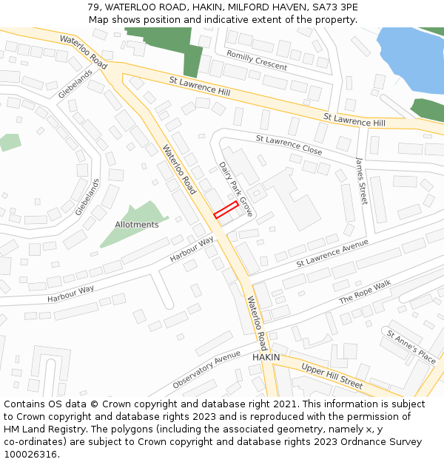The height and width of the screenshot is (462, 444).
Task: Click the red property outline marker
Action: pyautogui.click(x=226, y=209)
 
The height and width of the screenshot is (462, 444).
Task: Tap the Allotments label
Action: pyautogui.click(x=136, y=225)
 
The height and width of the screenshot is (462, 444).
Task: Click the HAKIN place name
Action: pyautogui.click(x=266, y=357)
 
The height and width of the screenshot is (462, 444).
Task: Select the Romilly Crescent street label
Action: pyautogui.click(x=257, y=61)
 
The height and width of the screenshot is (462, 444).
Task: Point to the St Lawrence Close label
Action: pyautogui.click(x=289, y=144)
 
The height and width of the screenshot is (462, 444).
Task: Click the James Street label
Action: pyautogui.click(x=360, y=180)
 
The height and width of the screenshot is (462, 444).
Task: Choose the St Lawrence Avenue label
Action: pyautogui.click(x=332, y=254)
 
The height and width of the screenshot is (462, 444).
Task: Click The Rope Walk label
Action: pyautogui.click(x=364, y=293)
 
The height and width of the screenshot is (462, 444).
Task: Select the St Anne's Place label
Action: pyautogui.click(x=411, y=346)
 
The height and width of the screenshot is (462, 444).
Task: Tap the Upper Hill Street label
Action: pyautogui.click(x=332, y=376)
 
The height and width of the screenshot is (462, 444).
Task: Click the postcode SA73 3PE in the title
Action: pyautogui.click(x=332, y=7)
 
